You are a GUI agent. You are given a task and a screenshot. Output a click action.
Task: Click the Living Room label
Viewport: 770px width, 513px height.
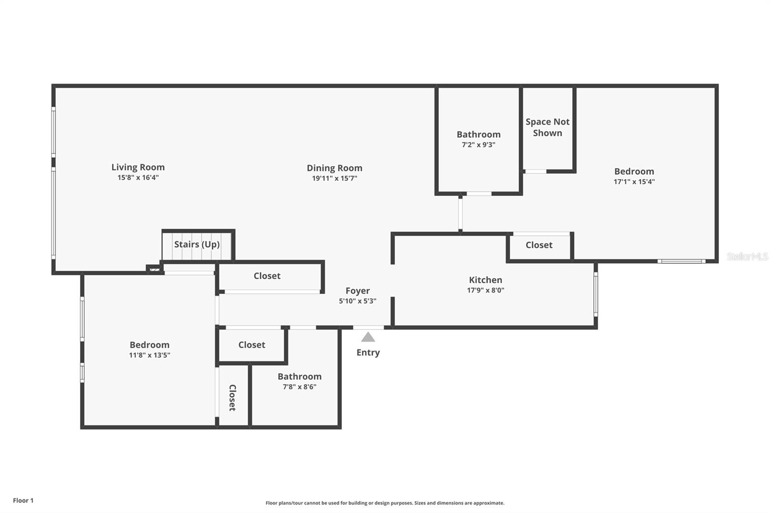pos(138,167)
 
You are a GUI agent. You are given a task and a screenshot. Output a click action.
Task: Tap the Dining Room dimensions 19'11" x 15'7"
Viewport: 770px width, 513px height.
pos(334,178)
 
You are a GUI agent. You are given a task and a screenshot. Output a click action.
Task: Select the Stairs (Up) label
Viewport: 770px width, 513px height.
pos(197,244)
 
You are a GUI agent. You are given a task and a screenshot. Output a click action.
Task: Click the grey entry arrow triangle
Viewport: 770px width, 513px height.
pos(368,337)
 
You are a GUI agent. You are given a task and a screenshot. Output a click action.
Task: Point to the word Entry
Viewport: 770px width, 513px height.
pos(368,352)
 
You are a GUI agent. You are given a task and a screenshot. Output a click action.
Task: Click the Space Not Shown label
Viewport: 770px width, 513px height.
pos(547,127)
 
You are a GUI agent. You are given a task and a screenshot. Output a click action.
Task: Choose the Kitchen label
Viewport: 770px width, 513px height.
pos(485,280)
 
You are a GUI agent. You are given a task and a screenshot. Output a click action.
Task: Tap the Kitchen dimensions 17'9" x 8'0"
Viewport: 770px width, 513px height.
pos(485,290)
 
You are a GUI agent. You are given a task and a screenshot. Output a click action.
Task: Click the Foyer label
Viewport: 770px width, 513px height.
pos(358,291)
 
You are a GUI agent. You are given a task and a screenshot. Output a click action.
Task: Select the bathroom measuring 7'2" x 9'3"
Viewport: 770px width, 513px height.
pos(478,139)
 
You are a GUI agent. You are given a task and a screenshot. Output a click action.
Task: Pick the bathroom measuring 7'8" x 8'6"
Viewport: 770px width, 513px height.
pos(299,381)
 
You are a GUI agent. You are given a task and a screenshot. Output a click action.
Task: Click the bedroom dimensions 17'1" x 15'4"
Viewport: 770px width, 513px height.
pos(634,181)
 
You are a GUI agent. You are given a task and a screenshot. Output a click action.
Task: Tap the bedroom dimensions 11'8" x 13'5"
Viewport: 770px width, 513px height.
pos(149,355)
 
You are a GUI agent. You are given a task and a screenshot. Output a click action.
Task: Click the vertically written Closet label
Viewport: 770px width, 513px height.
pos(232,398)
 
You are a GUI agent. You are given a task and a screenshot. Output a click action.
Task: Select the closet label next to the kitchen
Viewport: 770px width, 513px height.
pos(539,245)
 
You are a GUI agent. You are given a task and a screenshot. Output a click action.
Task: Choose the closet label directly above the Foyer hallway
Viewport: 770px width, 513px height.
pos(267,276)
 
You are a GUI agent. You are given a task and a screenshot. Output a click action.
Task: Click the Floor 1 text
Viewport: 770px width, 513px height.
pos(23,500)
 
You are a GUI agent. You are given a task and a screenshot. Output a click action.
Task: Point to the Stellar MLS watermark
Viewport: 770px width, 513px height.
pos(747,256)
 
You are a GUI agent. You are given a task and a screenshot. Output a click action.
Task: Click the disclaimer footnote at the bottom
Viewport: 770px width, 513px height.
pos(385,503)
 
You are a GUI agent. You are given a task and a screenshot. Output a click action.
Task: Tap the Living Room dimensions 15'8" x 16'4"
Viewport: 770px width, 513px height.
pos(138,177)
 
